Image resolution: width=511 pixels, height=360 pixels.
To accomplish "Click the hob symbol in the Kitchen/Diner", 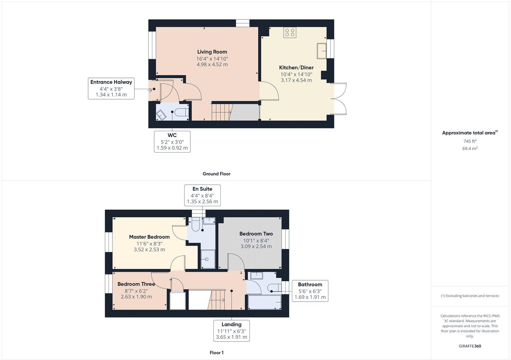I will click(x=290, y=32).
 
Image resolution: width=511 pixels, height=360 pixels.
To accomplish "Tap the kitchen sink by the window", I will click(x=322, y=51).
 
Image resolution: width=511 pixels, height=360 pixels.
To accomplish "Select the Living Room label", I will click(x=212, y=52).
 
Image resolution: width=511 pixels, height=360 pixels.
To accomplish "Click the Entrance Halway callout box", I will click(x=111, y=88).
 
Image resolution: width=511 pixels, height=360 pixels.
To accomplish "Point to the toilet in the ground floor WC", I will click(x=182, y=112).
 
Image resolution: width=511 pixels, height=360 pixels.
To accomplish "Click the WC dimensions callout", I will click(x=172, y=141).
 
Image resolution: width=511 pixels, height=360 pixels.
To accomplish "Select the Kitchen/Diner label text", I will click(x=296, y=68).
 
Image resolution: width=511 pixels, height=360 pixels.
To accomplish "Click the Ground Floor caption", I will click(x=216, y=174).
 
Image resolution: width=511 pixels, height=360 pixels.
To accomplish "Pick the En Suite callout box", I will click(x=202, y=195).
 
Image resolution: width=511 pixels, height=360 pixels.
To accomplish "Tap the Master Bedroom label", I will click(x=149, y=237).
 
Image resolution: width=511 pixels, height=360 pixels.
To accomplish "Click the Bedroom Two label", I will click(x=256, y=234).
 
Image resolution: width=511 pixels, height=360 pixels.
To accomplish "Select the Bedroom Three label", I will click(x=136, y=284).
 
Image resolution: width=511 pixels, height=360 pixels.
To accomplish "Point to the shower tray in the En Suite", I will click(x=208, y=259).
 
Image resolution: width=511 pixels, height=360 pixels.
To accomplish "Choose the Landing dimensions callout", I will click(x=232, y=331).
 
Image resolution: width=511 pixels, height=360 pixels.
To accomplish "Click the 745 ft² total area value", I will click(x=470, y=141).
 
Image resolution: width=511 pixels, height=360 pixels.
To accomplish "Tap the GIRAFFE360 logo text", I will click(x=470, y=346).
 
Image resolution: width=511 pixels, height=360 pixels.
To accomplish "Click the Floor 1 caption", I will click(x=217, y=353).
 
